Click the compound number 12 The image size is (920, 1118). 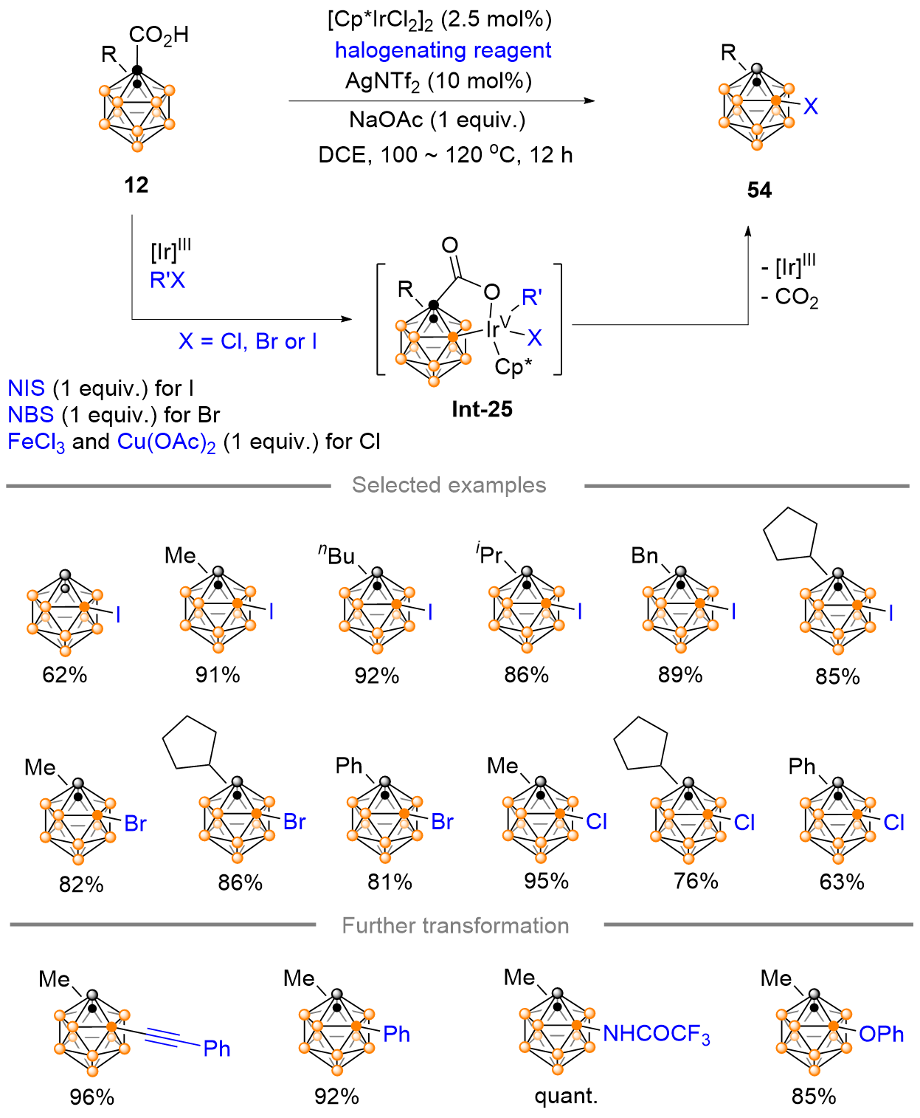click(136, 185)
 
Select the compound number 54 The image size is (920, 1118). click(760, 190)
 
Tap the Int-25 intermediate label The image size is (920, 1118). click(482, 409)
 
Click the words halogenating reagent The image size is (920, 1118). click(443, 50)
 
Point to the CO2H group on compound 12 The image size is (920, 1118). click(159, 35)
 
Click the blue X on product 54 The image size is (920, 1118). click(811, 106)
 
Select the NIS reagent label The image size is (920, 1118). click(27, 388)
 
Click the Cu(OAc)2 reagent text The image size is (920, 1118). click(166, 442)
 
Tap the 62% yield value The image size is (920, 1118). click(65, 675)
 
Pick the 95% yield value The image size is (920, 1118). click(546, 881)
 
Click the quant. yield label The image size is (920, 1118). click(566, 1097)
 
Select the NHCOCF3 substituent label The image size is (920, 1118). click(657, 1034)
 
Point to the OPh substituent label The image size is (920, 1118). click(882, 1034)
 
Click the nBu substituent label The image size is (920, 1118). click(336, 555)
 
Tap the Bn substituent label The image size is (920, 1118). click(645, 556)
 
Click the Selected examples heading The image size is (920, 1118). click(449, 485)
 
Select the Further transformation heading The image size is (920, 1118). click(455, 926)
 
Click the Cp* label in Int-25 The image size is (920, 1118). click(513, 367)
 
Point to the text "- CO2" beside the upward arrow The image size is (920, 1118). click(789, 298)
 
